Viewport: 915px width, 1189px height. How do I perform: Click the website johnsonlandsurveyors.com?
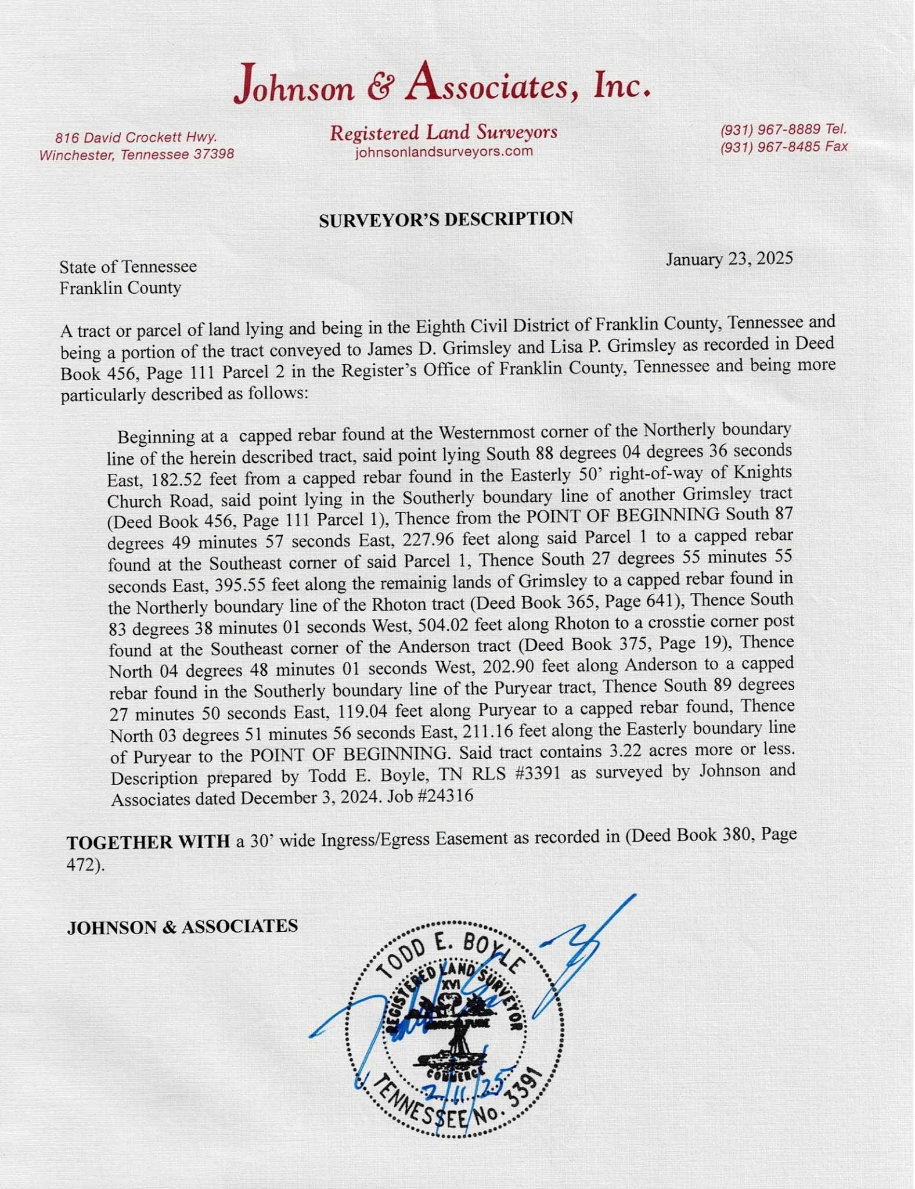coord(444,152)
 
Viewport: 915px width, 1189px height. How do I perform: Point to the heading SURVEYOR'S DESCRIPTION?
coord(445,219)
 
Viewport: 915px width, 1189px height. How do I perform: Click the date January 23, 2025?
coord(729,259)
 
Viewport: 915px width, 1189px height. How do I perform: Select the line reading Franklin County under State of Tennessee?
coord(120,288)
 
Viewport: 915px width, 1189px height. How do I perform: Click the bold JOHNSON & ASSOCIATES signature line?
coord(182,927)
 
